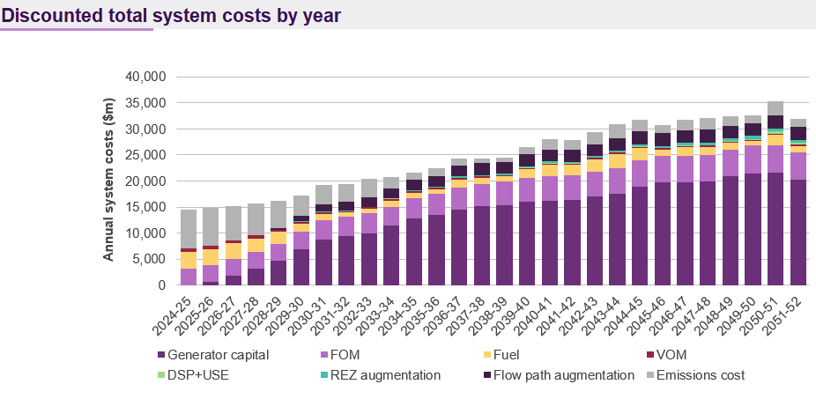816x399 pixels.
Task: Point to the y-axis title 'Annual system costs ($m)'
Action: (109, 181)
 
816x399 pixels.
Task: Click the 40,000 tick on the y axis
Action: (146, 77)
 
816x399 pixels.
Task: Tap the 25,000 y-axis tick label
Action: (146, 155)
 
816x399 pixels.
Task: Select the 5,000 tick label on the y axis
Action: (151, 259)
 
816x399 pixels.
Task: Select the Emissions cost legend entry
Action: (701, 375)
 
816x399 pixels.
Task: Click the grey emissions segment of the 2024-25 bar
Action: (188, 229)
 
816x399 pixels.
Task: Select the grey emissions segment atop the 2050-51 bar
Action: (776, 108)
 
